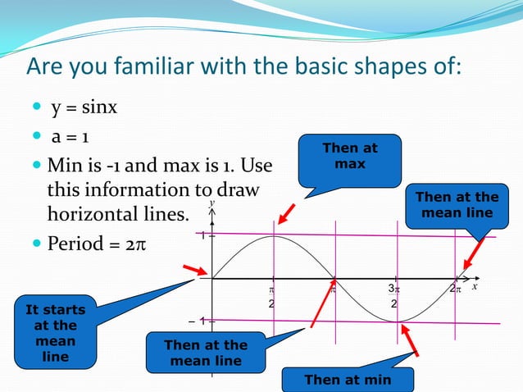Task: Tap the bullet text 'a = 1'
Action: [75, 138]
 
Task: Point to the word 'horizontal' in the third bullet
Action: [98, 215]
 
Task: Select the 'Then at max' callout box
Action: [350, 159]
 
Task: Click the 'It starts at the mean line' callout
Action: [55, 334]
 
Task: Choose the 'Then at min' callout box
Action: [348, 380]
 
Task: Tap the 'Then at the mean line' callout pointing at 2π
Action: [457, 205]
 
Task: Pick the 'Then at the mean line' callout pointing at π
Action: [205, 353]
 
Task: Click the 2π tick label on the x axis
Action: [457, 289]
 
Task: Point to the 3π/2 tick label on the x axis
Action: [394, 296]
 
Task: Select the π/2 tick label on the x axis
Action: [271, 296]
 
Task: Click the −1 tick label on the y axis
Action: [204, 321]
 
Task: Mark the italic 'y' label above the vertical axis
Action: [211, 203]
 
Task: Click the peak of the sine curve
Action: [273, 236]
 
